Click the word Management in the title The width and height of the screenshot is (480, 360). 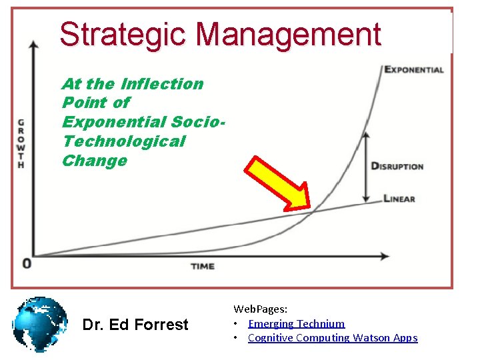coord(289,34)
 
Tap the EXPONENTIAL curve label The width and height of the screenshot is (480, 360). coord(414,69)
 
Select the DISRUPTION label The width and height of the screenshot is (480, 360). coord(397,165)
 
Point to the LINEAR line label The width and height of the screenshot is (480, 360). coord(399,198)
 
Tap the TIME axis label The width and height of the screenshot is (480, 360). coord(203,266)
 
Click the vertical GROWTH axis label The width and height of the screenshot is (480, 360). coord(21,143)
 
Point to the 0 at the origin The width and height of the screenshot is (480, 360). coord(27,263)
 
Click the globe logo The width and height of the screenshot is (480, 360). coord(40,325)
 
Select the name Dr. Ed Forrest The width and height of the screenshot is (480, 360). coord(135,325)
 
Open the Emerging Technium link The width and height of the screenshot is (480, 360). coord(296,323)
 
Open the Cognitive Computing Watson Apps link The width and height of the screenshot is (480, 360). coord(332,337)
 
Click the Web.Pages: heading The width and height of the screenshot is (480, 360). coord(260,309)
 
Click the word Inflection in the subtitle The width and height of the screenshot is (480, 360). coord(162,84)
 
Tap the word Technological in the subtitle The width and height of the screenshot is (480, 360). coord(123,141)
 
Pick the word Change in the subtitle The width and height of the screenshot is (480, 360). coord(94,161)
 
